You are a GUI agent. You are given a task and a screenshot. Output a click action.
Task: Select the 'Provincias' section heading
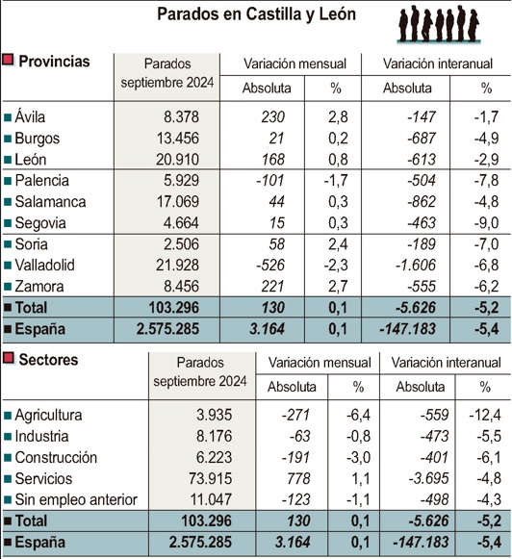[x=54, y=62]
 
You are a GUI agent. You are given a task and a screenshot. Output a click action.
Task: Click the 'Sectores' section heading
[x=49, y=360]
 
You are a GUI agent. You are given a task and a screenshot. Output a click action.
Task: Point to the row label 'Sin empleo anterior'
[x=77, y=499]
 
